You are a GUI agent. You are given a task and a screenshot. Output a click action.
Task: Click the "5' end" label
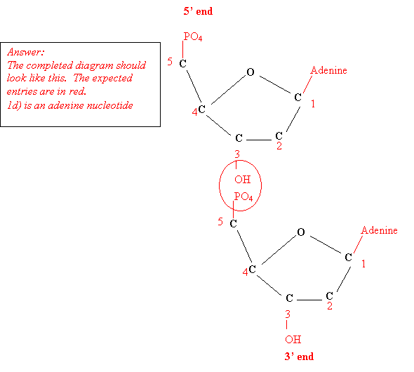pyautogui.click(x=198, y=11)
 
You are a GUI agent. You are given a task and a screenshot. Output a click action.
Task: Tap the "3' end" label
pyautogui.click(x=299, y=357)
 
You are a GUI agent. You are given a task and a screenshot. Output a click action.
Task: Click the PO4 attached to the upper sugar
pyautogui.click(x=193, y=36)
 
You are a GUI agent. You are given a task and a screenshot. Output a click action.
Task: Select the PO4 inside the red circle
pyautogui.click(x=243, y=197)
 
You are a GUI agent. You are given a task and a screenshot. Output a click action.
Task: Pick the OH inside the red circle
pyautogui.click(x=242, y=180)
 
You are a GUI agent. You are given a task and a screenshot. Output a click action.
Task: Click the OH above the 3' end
pyautogui.click(x=293, y=339)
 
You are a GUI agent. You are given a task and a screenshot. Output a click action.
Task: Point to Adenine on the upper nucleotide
pyautogui.click(x=328, y=70)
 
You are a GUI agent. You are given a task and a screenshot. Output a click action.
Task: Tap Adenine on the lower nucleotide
pyautogui.click(x=379, y=230)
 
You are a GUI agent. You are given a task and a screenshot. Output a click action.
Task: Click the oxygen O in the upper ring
pyautogui.click(x=251, y=72)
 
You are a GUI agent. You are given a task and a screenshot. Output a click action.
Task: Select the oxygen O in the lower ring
pyautogui.click(x=301, y=232)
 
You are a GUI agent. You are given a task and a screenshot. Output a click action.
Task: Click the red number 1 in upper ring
pyautogui.click(x=313, y=104)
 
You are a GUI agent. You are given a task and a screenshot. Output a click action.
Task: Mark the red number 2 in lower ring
pyautogui.click(x=330, y=306)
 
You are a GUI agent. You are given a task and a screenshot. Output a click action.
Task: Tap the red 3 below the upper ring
pyautogui.click(x=237, y=154)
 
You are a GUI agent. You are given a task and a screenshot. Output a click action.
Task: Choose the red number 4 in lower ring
pyautogui.click(x=246, y=272)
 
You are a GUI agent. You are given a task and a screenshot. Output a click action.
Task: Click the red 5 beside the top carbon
pyautogui.click(x=170, y=62)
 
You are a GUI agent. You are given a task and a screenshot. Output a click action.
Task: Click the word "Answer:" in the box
pyautogui.click(x=25, y=52)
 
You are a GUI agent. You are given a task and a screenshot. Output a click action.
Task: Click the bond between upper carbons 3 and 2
pyautogui.click(x=259, y=140)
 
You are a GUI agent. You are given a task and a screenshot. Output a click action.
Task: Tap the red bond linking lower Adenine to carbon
pyautogui.click(x=358, y=244)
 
